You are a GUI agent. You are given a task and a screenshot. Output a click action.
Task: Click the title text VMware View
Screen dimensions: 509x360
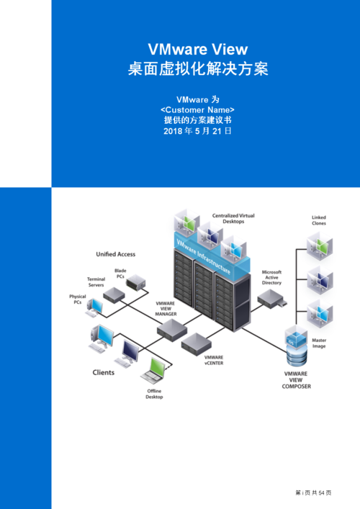pos(198,49)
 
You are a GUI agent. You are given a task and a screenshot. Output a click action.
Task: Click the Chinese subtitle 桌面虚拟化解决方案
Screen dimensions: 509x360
pos(198,70)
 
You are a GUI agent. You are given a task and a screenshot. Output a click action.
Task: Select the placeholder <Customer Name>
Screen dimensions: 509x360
pos(197,109)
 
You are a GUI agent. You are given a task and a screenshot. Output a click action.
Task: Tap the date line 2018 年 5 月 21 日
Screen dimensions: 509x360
pos(197,132)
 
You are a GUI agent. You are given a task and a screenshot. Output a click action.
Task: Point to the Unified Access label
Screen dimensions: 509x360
pos(116,254)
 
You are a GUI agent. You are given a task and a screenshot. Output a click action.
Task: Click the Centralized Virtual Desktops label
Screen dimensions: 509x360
pos(233,218)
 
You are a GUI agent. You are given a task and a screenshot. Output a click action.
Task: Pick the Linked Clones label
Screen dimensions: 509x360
pos(318,220)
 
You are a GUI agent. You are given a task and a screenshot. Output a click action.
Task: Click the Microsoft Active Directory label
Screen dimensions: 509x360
pos(271,277)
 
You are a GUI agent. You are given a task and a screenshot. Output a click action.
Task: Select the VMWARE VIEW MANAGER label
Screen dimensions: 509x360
pos(166,309)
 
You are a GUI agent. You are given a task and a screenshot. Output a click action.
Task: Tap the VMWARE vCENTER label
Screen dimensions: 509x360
pos(214,360)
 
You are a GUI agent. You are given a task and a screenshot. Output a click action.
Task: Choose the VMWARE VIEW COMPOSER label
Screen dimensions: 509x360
pos(296,380)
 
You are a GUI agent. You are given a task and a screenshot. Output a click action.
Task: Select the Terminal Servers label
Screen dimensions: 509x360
pos(96,281)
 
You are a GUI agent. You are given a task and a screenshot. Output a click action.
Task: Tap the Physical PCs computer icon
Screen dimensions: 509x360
pos(94,307)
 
